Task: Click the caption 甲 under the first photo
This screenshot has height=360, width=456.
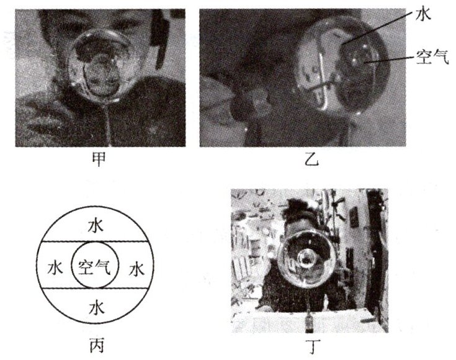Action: pyautogui.click(x=99, y=159)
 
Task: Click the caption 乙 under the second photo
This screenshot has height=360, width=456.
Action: pyautogui.click(x=311, y=159)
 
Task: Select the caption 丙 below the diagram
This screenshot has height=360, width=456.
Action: pyautogui.click(x=96, y=346)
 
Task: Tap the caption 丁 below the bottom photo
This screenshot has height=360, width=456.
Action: pyautogui.click(x=313, y=346)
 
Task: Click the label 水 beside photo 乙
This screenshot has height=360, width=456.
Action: pyautogui.click(x=422, y=14)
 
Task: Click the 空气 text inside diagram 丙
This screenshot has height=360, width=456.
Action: pyautogui.click(x=95, y=267)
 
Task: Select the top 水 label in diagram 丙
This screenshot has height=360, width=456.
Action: pyautogui.click(x=96, y=225)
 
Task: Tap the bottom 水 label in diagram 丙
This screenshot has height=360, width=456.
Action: pyautogui.click(x=96, y=307)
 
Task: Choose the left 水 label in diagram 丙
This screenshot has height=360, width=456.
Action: pyautogui.click(x=55, y=268)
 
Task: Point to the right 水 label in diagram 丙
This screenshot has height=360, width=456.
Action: pyautogui.click(x=136, y=268)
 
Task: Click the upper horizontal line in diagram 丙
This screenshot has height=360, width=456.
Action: pyautogui.click(x=95, y=241)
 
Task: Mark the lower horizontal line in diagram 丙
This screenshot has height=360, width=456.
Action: pyautogui.click(x=95, y=289)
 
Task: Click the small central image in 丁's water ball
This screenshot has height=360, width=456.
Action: pyautogui.click(x=306, y=259)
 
